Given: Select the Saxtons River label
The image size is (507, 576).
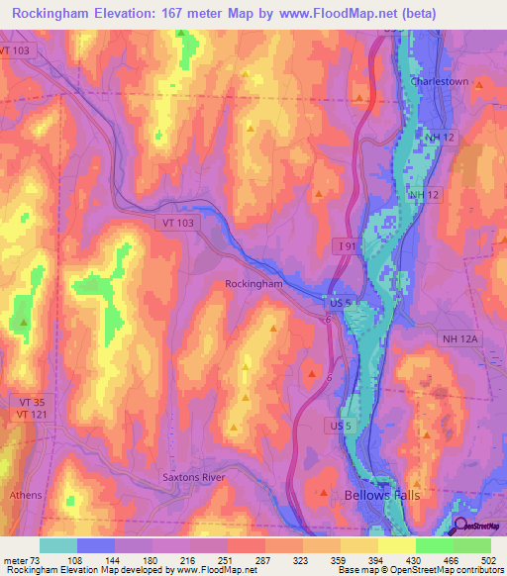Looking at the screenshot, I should pos(194,477).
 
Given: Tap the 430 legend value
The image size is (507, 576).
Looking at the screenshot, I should pos(416,560).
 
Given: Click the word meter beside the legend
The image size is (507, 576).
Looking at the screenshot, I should pos(16,560).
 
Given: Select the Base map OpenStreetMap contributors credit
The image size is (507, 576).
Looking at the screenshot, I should pos(417,570).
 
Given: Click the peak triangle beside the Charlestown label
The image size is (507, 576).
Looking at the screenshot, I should pos(479,85).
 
